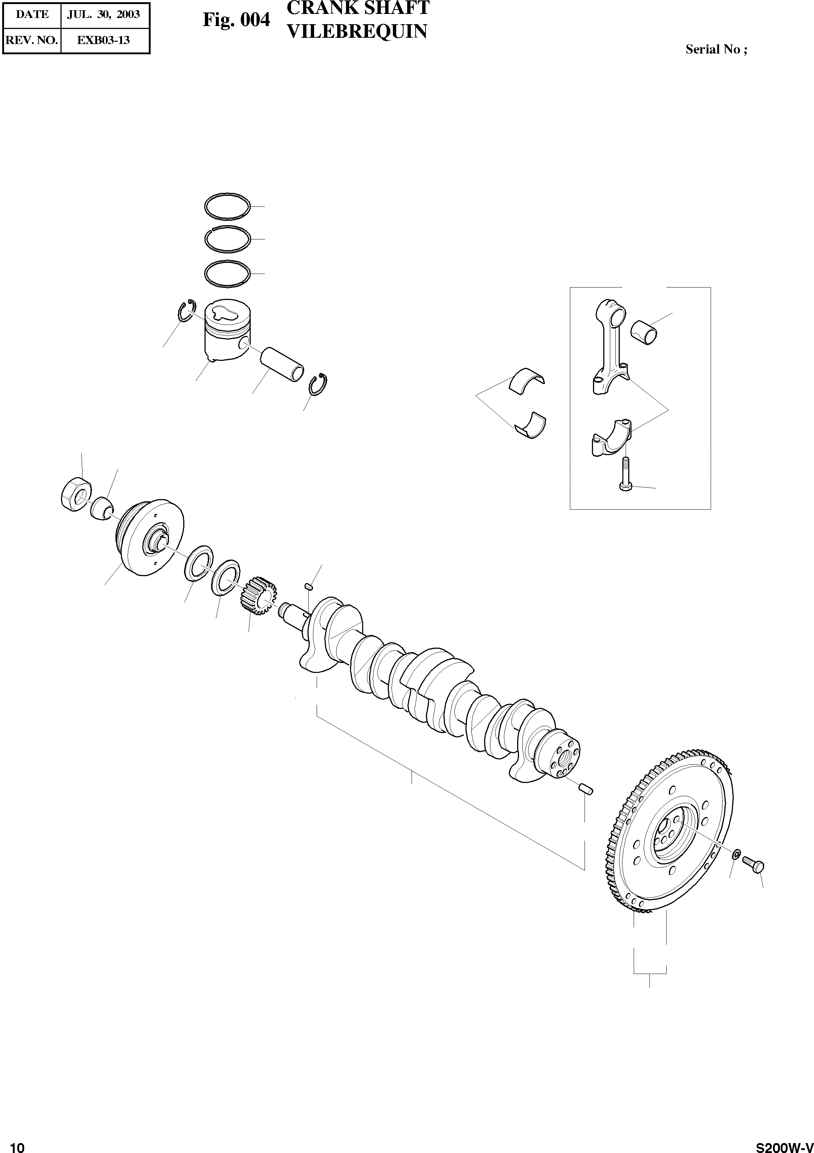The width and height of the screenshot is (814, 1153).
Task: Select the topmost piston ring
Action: (x=227, y=206)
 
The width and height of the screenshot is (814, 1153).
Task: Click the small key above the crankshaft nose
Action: (x=309, y=585)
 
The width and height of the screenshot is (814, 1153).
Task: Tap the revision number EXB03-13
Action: (x=103, y=40)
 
